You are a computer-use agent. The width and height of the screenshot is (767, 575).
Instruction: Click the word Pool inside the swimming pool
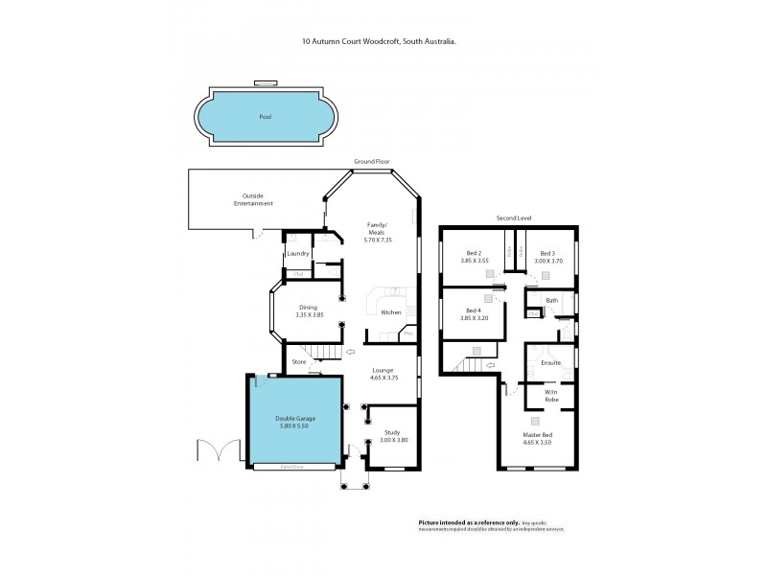tap(265, 117)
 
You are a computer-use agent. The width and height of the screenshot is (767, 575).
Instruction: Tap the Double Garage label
tap(295, 419)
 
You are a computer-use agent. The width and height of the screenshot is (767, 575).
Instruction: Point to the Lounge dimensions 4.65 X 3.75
tap(383, 378)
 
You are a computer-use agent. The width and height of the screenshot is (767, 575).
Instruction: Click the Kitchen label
tap(391, 312)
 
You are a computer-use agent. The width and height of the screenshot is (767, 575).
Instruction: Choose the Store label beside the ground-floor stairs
tap(298, 362)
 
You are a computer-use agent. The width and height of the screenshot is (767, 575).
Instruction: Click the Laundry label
tap(298, 254)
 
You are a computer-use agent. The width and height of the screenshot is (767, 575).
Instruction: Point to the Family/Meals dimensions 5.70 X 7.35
tap(377, 239)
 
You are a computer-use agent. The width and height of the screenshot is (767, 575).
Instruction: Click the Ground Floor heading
tap(371, 162)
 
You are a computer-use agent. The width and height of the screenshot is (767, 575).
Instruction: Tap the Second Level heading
tap(513, 218)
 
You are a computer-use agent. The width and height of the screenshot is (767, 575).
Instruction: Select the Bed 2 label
tap(474, 253)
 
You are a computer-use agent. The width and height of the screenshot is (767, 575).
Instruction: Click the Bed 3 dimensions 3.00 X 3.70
tap(546, 260)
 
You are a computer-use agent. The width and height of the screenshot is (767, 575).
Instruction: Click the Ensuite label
tap(550, 363)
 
